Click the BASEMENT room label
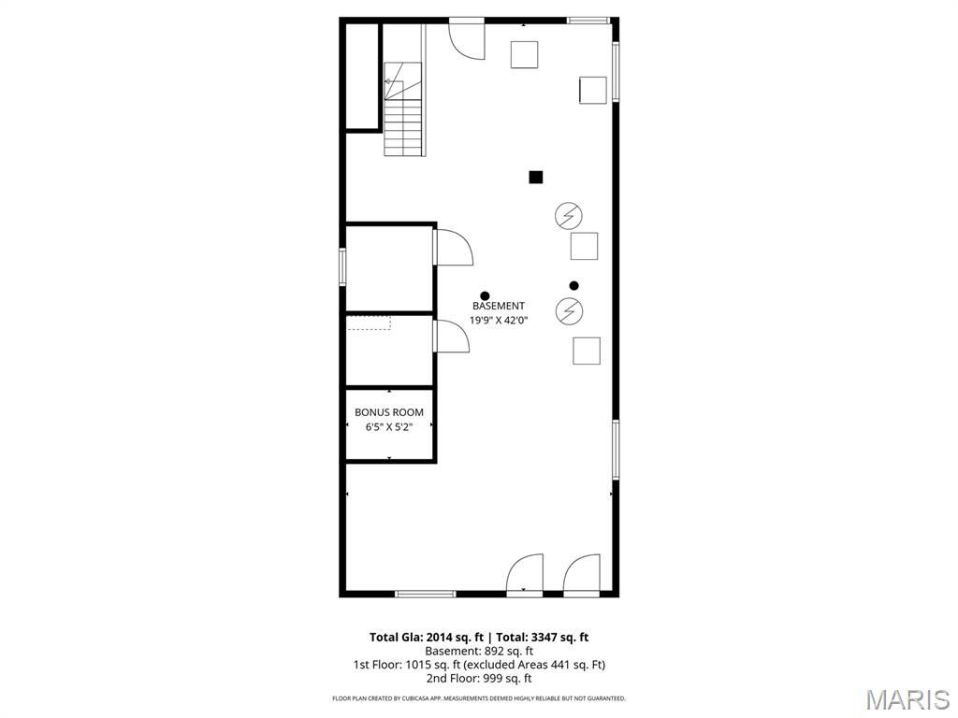pos(498,306)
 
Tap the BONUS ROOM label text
pos(388,412)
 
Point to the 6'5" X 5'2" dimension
pos(388,426)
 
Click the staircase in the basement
pos(403,112)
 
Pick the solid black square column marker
pos(536,177)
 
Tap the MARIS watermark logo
pos(907,699)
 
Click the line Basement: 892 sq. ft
pos(479,651)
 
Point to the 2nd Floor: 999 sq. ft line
pos(479,679)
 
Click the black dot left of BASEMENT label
pos(485,296)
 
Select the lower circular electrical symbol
pos(568,310)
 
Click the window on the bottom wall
pos(426,594)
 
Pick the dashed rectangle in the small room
pos(369,323)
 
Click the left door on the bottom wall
pos(525,574)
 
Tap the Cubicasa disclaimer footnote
pos(479,698)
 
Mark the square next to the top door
pos(525,55)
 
